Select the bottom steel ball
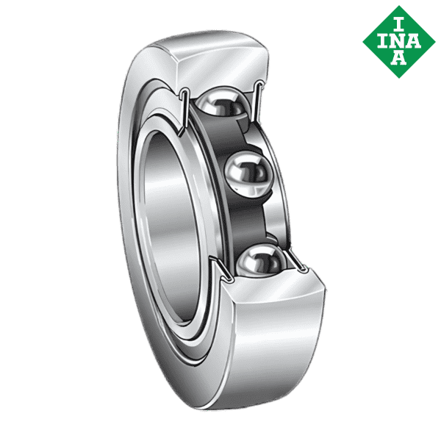(263, 260)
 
